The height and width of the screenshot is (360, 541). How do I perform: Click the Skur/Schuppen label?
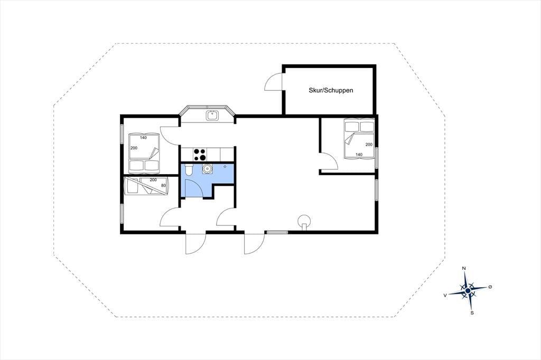pyautogui.click(x=331, y=91)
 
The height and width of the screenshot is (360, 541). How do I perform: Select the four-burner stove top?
pyautogui.click(x=199, y=154)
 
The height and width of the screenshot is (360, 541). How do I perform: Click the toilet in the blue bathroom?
pyautogui.click(x=189, y=169)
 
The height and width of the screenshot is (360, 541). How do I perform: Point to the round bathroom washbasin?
pyautogui.click(x=207, y=169)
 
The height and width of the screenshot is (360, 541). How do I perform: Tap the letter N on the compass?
pyautogui.click(x=464, y=268)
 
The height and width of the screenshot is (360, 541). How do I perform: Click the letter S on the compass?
pyautogui.click(x=472, y=313)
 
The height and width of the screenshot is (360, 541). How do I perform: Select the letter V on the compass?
pyautogui.click(x=445, y=295)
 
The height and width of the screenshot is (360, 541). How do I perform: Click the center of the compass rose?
pyautogui.click(x=468, y=291)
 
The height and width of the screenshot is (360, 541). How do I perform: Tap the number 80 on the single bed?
pyautogui.click(x=163, y=185)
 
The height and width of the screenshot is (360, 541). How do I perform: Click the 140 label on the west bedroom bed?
pyautogui.click(x=143, y=138)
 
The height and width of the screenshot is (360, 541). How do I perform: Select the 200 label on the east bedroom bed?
pyautogui.click(x=369, y=145)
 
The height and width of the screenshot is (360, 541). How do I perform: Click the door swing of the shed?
pyautogui.click(x=274, y=81)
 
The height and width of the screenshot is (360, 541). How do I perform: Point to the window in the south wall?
pyautogui.click(x=277, y=232)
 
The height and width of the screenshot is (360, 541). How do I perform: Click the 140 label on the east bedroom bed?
pyautogui.click(x=359, y=155)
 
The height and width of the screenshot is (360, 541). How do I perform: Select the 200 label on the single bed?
pyautogui.click(x=153, y=180)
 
